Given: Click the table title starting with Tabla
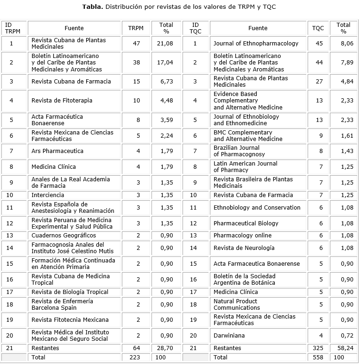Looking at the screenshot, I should (179, 7).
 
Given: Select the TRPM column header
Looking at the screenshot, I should (136, 28).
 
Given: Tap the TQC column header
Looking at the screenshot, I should (318, 28).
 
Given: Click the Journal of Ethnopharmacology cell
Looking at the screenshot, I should (256, 44).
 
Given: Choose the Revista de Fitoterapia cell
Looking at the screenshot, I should (62, 101).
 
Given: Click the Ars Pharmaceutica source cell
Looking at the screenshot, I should (57, 151).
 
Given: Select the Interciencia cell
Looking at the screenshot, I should (48, 195).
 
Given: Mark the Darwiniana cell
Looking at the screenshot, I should (229, 335).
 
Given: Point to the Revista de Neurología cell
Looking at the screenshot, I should (244, 248).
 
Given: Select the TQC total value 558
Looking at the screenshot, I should (318, 358).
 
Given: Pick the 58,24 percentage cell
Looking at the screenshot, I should (343, 348).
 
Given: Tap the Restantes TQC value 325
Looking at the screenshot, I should (318, 348).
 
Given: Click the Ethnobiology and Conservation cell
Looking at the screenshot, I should (257, 208).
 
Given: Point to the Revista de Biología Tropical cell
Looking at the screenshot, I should (70, 292).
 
